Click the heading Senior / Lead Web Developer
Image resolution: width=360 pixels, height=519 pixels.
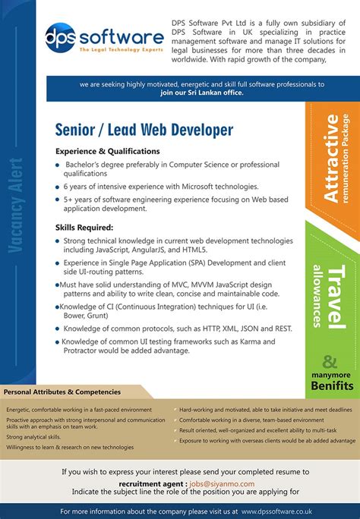[x=144, y=130]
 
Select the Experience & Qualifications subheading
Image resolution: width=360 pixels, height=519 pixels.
[x=107, y=151]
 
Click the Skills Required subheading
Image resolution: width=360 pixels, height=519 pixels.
[x=84, y=227]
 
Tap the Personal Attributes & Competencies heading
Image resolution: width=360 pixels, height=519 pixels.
[x=62, y=392]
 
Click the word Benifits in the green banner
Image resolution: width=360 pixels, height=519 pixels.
[x=331, y=385]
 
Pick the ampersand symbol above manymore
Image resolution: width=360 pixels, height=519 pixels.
[x=330, y=362]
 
